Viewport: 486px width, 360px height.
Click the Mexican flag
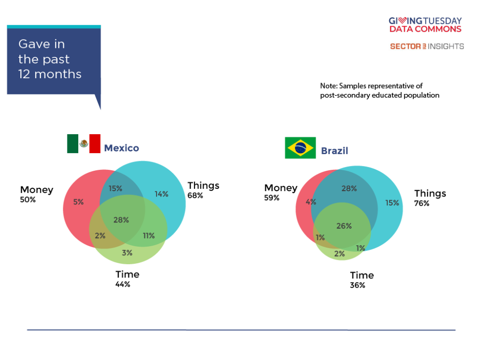(x=84, y=144)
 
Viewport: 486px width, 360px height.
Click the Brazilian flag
(x=300, y=148)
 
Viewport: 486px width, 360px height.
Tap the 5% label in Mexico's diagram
(x=78, y=202)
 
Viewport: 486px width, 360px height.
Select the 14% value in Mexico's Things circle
(x=161, y=194)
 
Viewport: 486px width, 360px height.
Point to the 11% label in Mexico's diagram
(x=149, y=236)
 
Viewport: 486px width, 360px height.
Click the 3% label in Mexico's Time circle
(x=127, y=253)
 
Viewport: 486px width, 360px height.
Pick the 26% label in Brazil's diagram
(x=344, y=226)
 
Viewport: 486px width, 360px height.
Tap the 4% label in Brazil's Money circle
(x=311, y=202)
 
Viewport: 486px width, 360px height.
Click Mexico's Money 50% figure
(x=28, y=200)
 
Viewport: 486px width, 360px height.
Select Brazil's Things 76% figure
(x=422, y=203)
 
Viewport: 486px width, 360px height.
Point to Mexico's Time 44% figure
(x=123, y=285)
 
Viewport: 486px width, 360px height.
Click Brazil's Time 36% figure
(x=358, y=286)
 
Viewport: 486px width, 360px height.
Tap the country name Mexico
(x=121, y=148)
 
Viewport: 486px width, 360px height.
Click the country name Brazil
(x=335, y=151)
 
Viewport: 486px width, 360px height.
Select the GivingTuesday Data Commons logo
(x=425, y=25)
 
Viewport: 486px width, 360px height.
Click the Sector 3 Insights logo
(x=427, y=46)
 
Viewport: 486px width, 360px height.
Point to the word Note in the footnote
(x=329, y=86)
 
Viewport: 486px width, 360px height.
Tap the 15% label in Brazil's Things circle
(x=392, y=203)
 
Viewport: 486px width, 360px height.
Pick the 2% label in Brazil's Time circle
(x=339, y=254)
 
